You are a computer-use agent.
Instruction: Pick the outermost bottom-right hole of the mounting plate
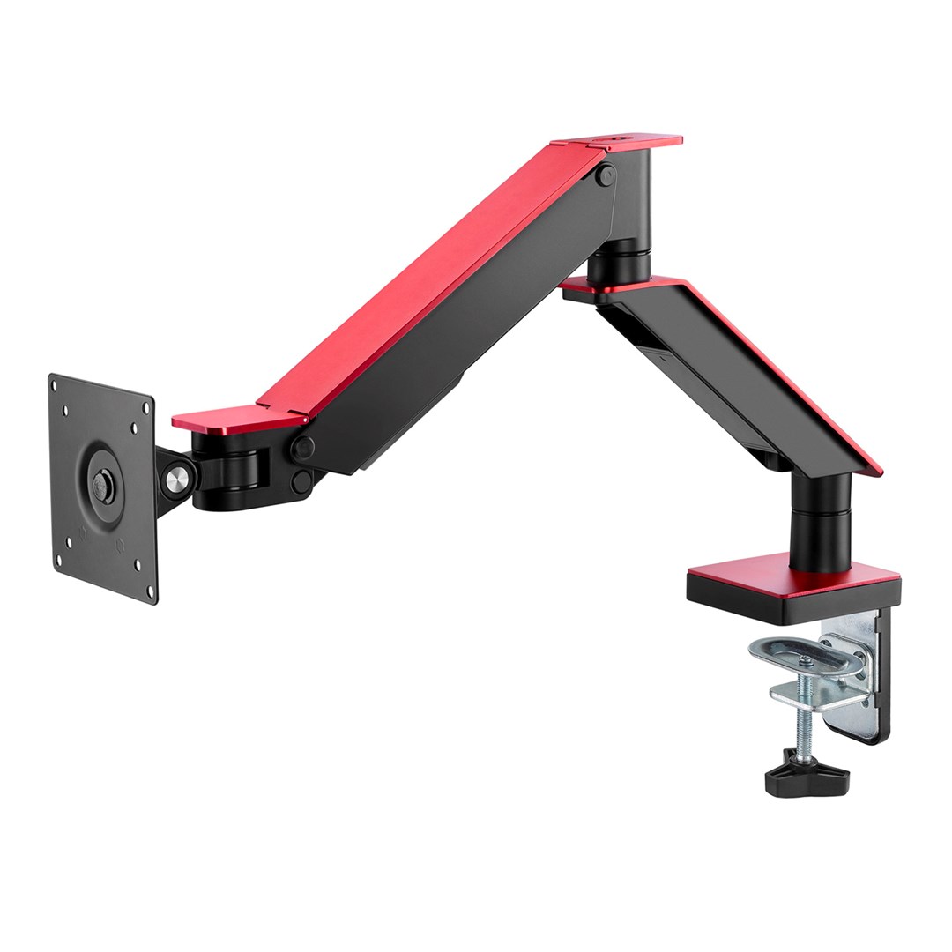tap(149, 590)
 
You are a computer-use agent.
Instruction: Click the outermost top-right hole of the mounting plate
tap(145, 406)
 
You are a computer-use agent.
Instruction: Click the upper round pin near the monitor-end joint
tap(303, 448)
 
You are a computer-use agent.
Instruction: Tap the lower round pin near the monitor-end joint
tap(302, 481)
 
